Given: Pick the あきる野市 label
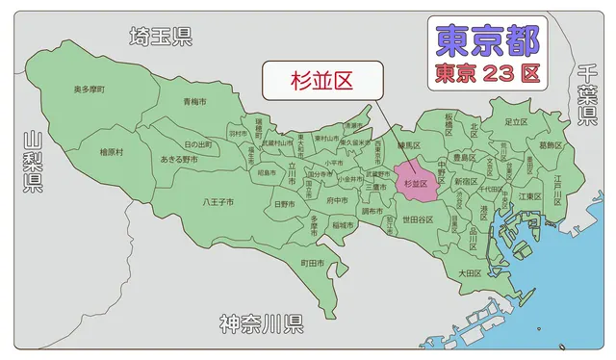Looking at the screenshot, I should [x=179, y=159].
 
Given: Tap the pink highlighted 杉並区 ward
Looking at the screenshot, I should [x=415, y=183].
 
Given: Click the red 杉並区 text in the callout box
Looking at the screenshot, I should [x=321, y=81].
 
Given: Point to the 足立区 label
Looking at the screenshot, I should [x=515, y=122].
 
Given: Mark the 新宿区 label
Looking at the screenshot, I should [x=465, y=180].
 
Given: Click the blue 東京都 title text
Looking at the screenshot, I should [x=487, y=40].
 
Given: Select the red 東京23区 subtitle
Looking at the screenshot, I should [x=487, y=72].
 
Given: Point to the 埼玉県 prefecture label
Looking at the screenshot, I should [x=161, y=37].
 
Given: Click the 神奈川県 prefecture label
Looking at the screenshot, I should [x=261, y=322].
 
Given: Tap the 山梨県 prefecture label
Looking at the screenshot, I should [x=33, y=163].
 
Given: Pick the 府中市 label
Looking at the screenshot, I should [x=337, y=200].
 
